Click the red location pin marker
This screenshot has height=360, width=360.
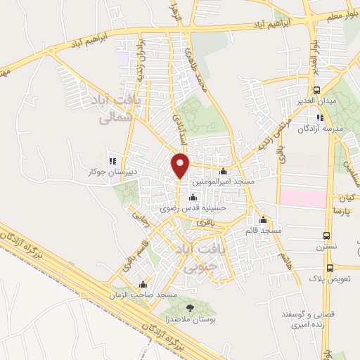[x=181, y=165]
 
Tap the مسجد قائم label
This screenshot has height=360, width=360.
[x=263, y=230]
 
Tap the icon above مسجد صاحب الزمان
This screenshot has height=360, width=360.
[x=144, y=284]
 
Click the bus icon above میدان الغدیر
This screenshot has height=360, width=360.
[x=317, y=90]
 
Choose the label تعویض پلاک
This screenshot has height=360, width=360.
[x=334, y=278]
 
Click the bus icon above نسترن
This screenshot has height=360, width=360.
[x=326, y=236]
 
